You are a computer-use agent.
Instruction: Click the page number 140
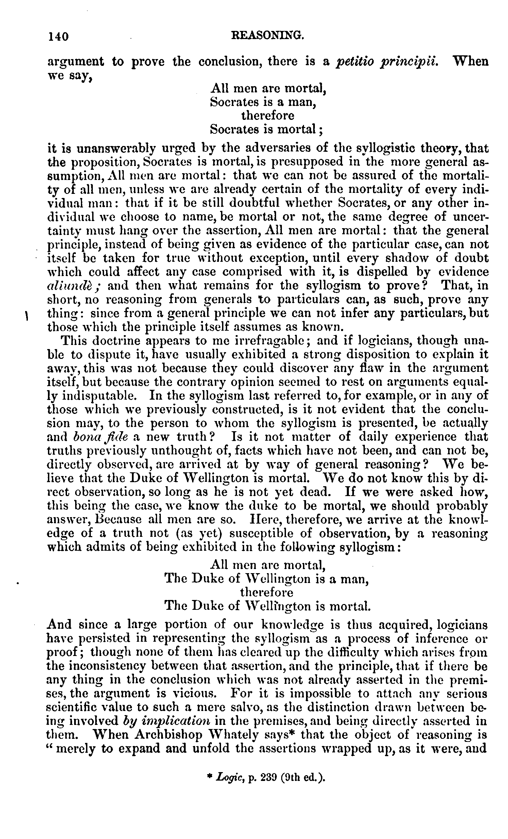tap(58, 36)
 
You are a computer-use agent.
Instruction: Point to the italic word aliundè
tap(72, 285)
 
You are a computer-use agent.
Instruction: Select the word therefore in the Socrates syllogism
tap(268, 116)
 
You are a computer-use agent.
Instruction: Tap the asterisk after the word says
tap(292, 733)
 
